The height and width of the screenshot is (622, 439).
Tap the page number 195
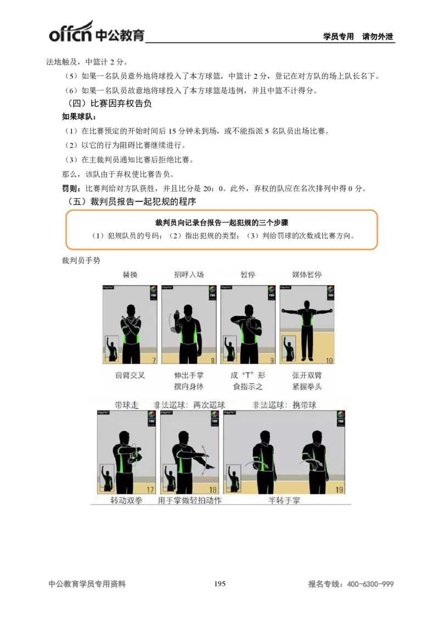tap(219, 584)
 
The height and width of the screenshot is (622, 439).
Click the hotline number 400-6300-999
tap(370, 585)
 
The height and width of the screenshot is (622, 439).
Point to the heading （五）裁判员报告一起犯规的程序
tap(131, 202)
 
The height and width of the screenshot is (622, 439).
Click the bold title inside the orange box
tap(222, 223)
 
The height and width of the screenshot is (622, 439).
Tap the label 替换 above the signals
tap(130, 274)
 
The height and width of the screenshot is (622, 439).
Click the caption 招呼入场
tap(189, 274)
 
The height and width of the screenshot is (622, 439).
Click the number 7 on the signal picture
tap(154, 360)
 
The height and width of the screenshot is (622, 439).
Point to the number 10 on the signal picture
tap(329, 360)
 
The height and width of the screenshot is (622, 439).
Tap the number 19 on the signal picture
tap(339, 490)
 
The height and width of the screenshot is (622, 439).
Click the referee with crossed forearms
tap(131, 330)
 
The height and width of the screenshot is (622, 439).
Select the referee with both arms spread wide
tap(307, 327)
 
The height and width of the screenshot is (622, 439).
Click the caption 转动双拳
tap(127, 501)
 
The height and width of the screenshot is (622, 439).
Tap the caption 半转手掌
tap(284, 501)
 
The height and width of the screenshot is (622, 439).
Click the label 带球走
tap(126, 405)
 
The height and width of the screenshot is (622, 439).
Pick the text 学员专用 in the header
tap(339, 37)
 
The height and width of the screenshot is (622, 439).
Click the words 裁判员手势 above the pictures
tap(81, 260)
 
